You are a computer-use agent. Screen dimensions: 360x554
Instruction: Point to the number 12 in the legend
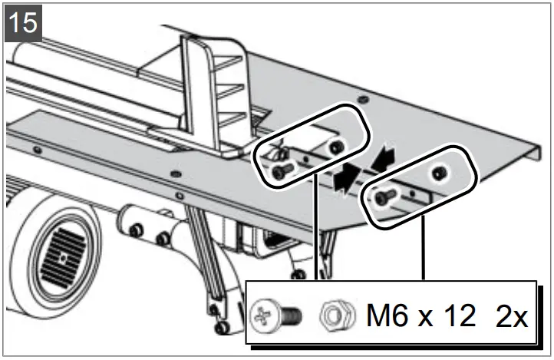pyautogui.click(x=458, y=315)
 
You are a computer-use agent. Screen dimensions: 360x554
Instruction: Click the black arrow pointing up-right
pyautogui.click(x=347, y=175)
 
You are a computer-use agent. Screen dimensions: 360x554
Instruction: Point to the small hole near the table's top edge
pyautogui.click(x=364, y=101)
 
